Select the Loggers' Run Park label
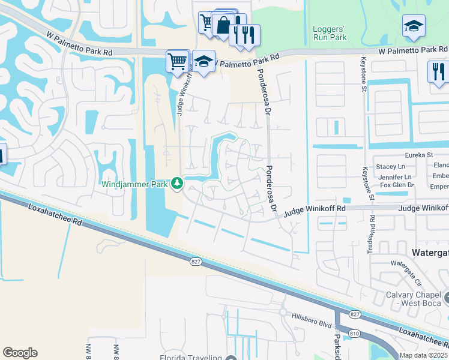pos(330,33)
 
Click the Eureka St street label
pos(419,155)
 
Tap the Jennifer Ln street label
pos(396,177)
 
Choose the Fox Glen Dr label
pos(397,185)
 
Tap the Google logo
pos(20,353)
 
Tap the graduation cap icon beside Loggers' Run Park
pos(413,26)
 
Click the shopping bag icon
pos(223,26)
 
